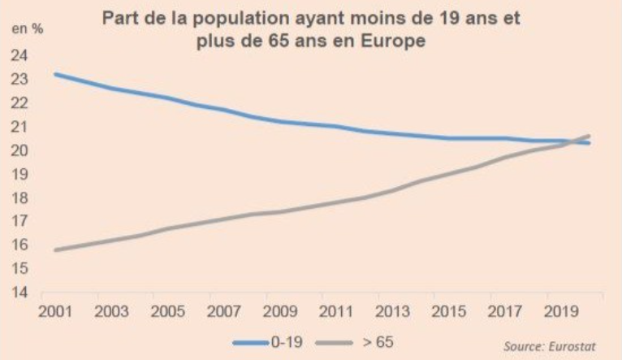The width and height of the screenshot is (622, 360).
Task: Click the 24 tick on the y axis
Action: point(19,55)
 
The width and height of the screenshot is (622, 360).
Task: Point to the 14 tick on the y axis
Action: point(19,292)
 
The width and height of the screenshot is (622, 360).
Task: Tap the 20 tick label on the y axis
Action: point(19,150)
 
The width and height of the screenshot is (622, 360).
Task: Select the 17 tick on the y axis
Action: point(19,221)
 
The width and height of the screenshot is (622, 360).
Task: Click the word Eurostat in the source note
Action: point(572,346)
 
